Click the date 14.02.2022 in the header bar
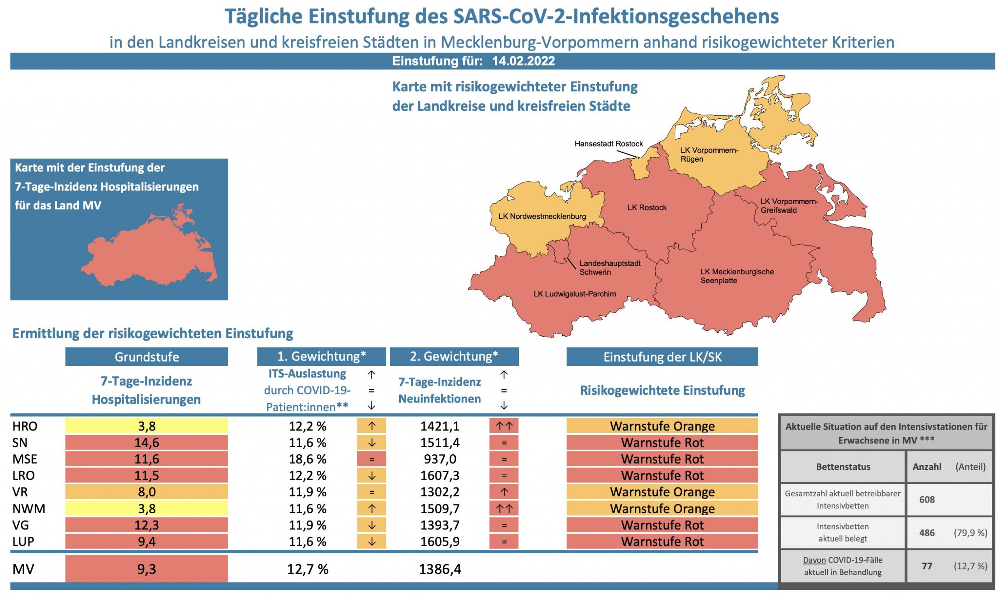523,61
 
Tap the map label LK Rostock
646,207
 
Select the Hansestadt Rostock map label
608,143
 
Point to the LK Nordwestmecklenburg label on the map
542,216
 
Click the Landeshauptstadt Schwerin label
610,268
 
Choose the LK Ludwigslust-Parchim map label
574,294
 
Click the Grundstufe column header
146,357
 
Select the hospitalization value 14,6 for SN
146,442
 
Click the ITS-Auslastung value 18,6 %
308,459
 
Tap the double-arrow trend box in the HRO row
503,426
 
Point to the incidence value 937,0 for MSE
439,459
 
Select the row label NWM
29,508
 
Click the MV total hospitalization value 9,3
146,568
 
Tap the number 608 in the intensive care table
926,499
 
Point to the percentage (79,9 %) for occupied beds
970,533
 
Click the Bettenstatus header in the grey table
843,467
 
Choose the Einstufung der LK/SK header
662,357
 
